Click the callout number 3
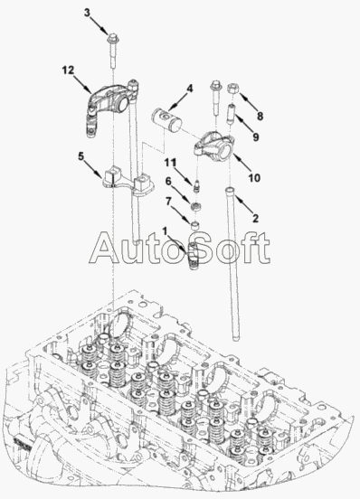pyautogui.click(x=87, y=13)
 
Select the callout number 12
pyautogui.click(x=68, y=70)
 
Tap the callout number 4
pyautogui.click(x=190, y=89)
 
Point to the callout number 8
pyautogui.click(x=261, y=116)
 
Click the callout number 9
pyautogui.click(x=256, y=137)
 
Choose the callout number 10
pyautogui.click(x=254, y=178)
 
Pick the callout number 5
pyautogui.click(x=81, y=156)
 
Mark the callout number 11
pyautogui.click(x=170, y=163)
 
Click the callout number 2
pyautogui.click(x=255, y=219)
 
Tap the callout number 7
pyautogui.click(x=168, y=201)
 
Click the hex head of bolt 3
pyautogui.click(x=114, y=39)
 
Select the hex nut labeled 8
pyautogui.click(x=232, y=89)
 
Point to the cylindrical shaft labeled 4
pyautogui.click(x=166, y=120)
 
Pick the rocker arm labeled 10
pyautogui.click(x=215, y=146)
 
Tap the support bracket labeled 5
pyautogui.click(x=128, y=184)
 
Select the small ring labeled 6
pyautogui.click(x=195, y=207)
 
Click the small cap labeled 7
pyautogui.click(x=195, y=225)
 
